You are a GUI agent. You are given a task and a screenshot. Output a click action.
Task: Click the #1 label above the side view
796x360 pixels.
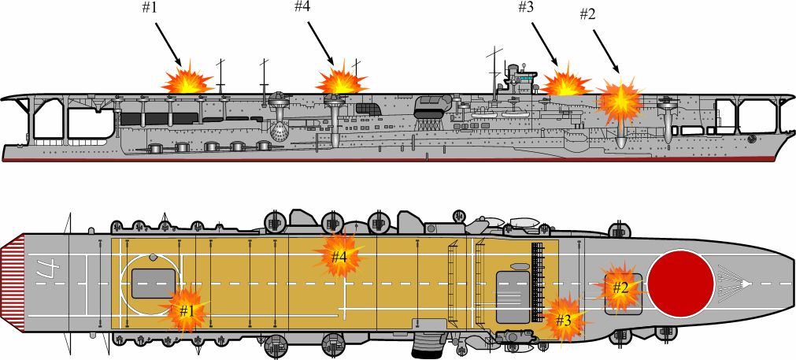coord(150,9)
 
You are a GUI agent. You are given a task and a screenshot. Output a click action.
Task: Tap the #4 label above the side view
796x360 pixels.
coord(303,6)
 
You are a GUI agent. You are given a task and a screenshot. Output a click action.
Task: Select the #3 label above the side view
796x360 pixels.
coord(527,7)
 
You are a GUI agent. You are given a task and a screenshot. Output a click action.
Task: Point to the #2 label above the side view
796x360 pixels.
coord(588,15)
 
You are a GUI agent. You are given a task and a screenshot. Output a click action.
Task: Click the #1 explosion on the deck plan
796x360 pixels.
coord(187,310)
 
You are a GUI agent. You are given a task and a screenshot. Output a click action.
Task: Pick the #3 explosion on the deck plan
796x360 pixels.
coord(564,319)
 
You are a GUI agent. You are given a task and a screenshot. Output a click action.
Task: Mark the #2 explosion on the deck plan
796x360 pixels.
coord(620,288)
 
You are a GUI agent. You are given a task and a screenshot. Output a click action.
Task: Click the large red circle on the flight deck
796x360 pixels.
coord(681,284)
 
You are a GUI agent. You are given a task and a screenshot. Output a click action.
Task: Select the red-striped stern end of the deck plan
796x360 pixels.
coord(12,284)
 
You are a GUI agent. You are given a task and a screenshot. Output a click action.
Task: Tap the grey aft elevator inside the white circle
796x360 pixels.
coord(154,284)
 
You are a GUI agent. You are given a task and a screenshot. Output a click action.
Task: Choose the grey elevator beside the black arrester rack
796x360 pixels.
coord(513,296)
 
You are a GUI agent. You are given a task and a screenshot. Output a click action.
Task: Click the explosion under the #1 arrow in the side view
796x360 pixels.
coord(187,79)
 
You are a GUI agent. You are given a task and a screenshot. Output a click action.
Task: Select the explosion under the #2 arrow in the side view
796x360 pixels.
coord(620,102)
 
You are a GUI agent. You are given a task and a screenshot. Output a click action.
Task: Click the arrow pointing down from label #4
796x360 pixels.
coord(320,43)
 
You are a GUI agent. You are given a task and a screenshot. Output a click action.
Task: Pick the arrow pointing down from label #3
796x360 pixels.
coord(546,45)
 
